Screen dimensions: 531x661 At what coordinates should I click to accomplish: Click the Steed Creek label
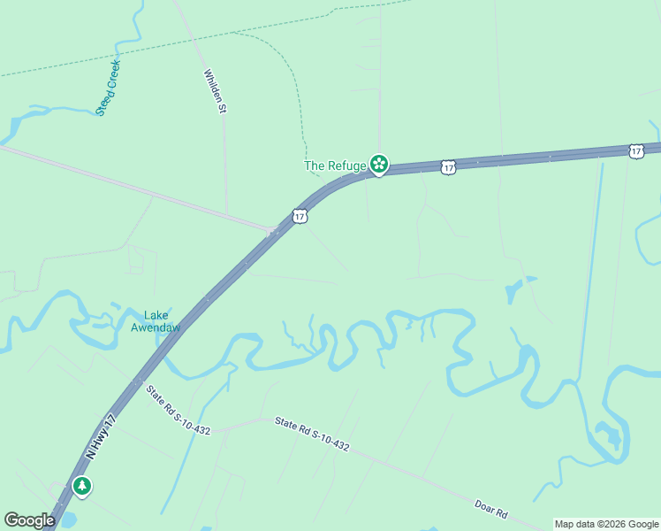[108, 88]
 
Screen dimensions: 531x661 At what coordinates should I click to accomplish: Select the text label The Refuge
[335, 165]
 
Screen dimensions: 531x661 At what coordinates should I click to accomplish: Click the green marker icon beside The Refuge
[379, 164]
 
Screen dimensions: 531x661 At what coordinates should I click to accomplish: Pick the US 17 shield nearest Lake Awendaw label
[300, 216]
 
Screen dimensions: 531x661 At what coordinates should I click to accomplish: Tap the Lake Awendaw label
[156, 321]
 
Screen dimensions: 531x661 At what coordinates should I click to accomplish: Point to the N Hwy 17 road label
[100, 435]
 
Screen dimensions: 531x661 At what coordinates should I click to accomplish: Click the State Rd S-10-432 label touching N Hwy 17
[179, 412]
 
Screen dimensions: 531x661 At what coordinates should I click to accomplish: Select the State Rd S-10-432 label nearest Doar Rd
[311, 435]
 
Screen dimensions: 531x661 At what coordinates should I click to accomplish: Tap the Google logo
[29, 520]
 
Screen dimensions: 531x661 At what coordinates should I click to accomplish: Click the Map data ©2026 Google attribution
[606, 524]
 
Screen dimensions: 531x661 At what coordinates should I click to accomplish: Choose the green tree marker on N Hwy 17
[82, 486]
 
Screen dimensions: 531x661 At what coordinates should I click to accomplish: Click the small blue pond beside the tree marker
[67, 519]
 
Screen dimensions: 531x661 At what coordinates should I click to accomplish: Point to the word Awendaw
[156, 327]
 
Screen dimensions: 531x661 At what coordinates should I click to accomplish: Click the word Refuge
[349, 165]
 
